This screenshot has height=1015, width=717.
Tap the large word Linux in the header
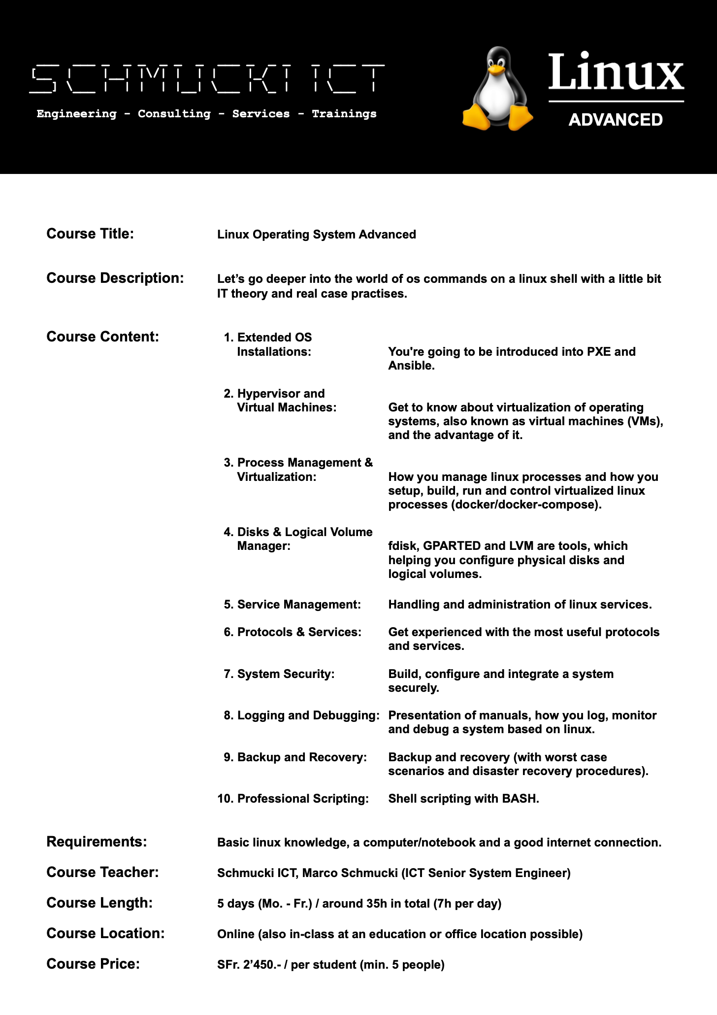(x=616, y=72)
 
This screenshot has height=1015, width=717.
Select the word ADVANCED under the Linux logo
(x=616, y=120)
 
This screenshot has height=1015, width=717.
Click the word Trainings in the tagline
(x=344, y=114)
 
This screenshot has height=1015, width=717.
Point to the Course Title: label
(x=90, y=234)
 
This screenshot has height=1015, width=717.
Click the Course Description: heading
(x=115, y=278)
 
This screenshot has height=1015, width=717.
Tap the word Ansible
(x=411, y=366)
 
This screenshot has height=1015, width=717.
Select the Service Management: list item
(x=298, y=605)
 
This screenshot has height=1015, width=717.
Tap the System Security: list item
(x=285, y=674)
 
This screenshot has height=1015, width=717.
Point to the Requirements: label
(x=97, y=842)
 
